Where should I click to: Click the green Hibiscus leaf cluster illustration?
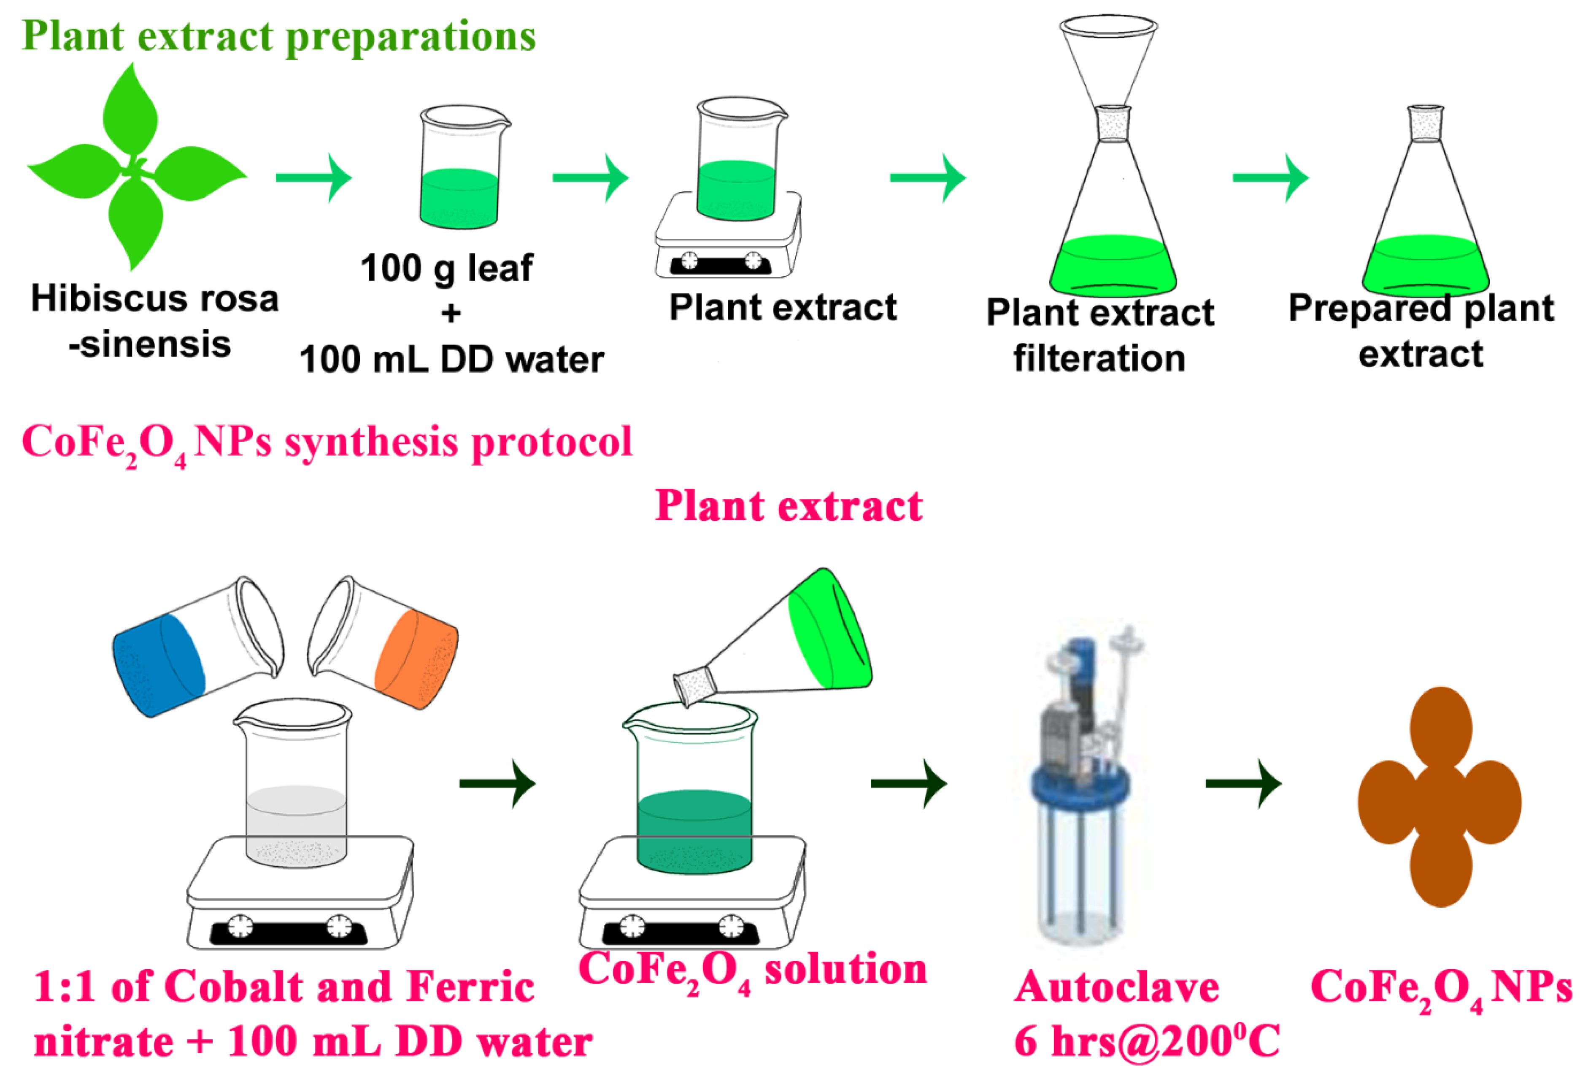(137, 167)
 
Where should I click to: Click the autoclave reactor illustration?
(1083, 785)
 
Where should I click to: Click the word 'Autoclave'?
(1116, 988)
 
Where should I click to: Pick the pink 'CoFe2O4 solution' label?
(752, 970)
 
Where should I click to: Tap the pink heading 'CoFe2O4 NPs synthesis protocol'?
(327, 443)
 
